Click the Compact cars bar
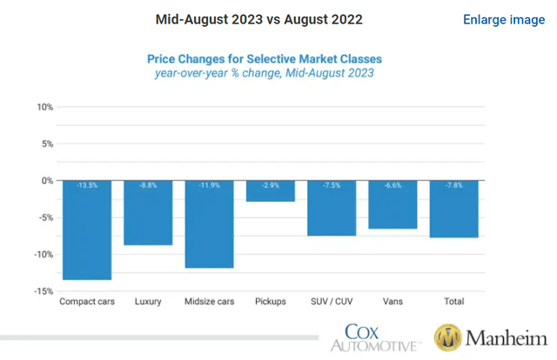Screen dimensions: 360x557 click(86, 230)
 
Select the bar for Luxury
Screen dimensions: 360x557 click(147, 213)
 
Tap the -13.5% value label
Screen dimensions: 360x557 click(86, 185)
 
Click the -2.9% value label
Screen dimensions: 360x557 click(270, 185)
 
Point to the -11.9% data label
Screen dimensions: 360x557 click(209, 185)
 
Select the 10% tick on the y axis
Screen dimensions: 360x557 click(44, 108)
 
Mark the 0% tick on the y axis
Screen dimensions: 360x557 click(47, 181)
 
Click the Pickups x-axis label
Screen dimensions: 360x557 click(270, 302)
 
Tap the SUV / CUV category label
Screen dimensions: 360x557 click(331, 302)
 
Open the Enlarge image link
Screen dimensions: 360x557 click(504, 19)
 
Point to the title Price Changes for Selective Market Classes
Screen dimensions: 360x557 click(265, 59)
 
